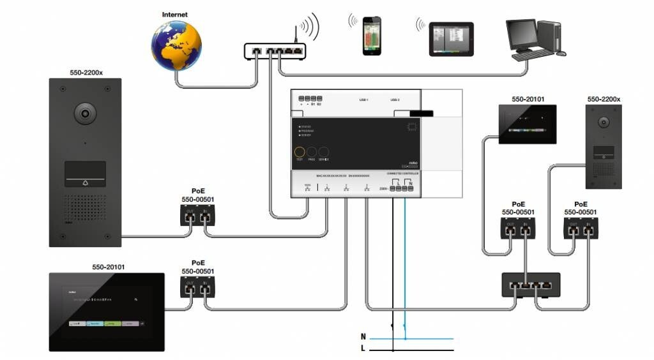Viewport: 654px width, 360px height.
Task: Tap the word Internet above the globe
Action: point(176,15)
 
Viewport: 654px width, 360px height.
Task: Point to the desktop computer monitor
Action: point(521,33)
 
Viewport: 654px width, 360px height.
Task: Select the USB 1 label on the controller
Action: point(364,100)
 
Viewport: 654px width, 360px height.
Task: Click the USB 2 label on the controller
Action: point(395,100)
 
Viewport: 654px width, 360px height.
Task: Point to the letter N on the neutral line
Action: point(363,336)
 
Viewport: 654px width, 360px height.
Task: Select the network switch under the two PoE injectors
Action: point(531,285)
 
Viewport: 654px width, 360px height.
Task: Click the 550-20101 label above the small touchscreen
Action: point(528,100)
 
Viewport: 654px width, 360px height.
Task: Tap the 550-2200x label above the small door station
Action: point(604,100)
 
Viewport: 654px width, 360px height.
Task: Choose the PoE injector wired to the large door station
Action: point(196,218)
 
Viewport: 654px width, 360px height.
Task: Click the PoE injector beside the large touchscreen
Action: point(196,290)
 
